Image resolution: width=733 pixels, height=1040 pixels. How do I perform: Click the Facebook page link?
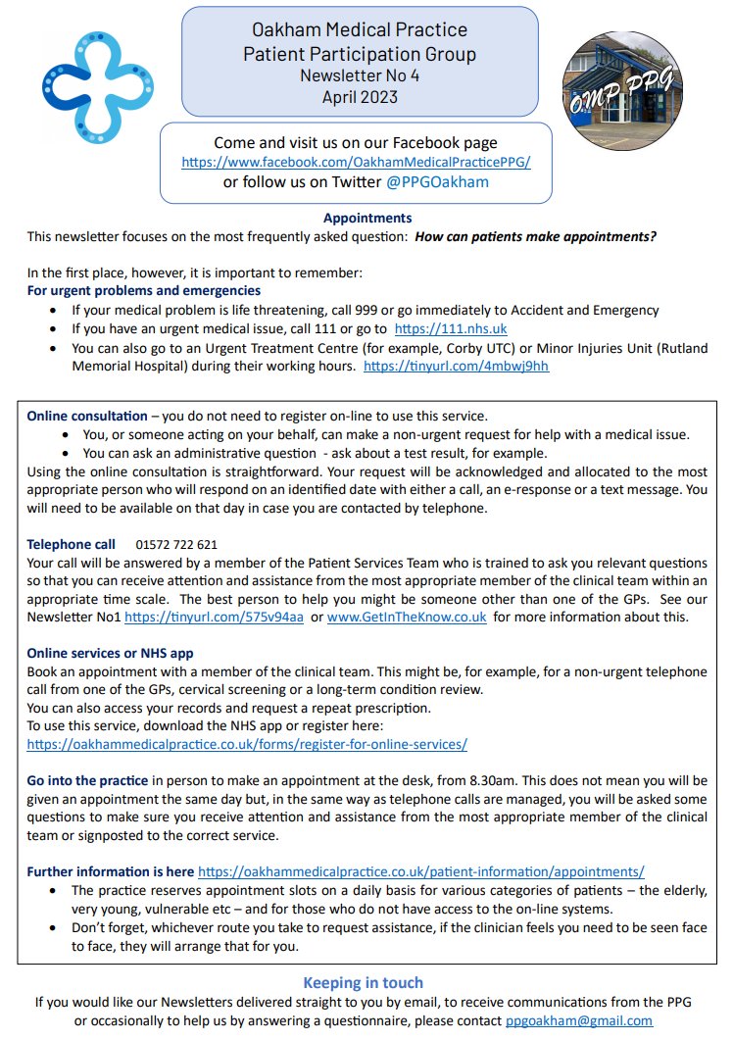coord(356,162)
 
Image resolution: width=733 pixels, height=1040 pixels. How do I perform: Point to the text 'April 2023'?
coord(360,96)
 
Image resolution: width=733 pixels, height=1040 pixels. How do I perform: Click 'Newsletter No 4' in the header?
coord(360,75)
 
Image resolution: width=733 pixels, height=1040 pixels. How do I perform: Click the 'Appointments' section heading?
coord(367,218)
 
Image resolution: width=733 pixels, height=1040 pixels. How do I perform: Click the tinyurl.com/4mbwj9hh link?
coord(456,366)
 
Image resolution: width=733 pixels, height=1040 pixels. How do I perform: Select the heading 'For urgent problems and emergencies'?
coord(144,291)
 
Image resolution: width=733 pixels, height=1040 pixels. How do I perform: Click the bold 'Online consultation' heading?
coord(87,416)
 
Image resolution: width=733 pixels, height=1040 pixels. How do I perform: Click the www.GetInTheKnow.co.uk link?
coord(407,617)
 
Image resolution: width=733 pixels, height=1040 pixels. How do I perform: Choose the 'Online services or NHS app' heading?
coord(110,653)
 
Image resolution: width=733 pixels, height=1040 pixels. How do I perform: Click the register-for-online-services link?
coord(247,744)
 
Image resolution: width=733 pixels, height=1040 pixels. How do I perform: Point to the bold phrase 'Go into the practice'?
coord(87,780)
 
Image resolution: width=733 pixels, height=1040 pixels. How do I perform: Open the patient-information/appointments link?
coord(421,870)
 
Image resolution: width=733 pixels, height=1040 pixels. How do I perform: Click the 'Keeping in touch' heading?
coord(364,983)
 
